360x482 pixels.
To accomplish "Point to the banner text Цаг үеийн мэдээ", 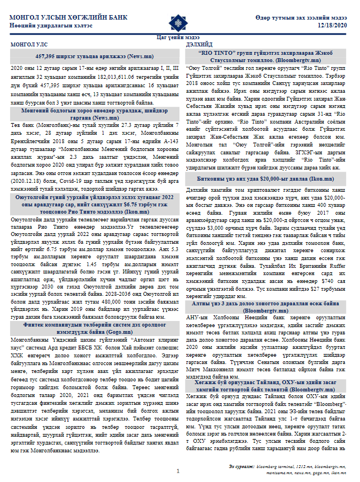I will (179, 36).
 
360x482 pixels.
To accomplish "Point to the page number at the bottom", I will (178, 471).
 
